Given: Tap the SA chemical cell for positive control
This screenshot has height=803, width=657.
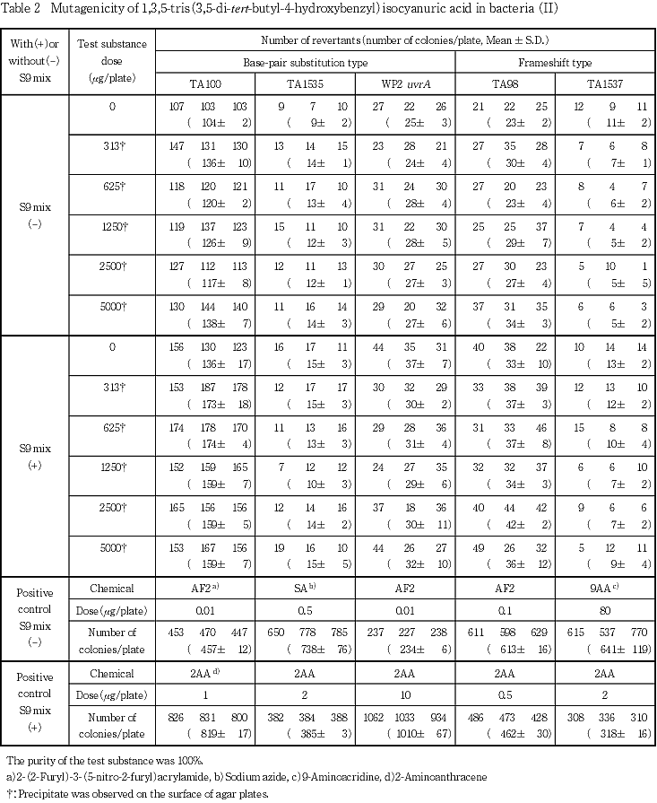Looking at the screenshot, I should pos(305,589).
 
